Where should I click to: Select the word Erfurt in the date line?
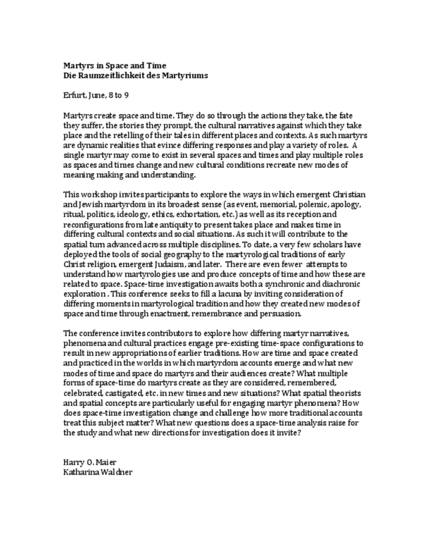point(73,95)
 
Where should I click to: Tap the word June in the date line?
point(96,95)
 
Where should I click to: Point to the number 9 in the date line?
point(126,95)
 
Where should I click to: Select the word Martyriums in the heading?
point(182,76)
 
